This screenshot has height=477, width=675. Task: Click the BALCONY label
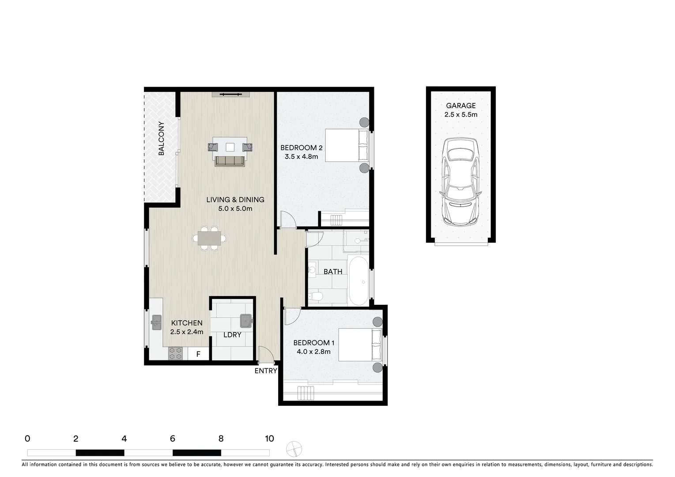point(161,138)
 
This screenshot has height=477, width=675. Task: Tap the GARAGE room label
point(460,106)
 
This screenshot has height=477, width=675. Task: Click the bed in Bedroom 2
point(347,145)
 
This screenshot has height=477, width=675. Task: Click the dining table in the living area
point(209,238)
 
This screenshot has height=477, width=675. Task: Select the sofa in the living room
point(230,161)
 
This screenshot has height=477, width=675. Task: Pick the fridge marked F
point(198,354)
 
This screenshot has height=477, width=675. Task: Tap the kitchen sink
point(156,322)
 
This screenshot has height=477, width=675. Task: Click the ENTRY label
point(266,371)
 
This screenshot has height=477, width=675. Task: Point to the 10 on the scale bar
point(269,439)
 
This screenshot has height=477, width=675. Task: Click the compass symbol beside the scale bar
point(294,450)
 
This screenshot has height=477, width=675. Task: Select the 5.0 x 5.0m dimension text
point(235,208)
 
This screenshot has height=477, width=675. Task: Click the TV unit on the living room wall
point(231,94)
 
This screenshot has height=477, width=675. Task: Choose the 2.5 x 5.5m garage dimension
point(460,115)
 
